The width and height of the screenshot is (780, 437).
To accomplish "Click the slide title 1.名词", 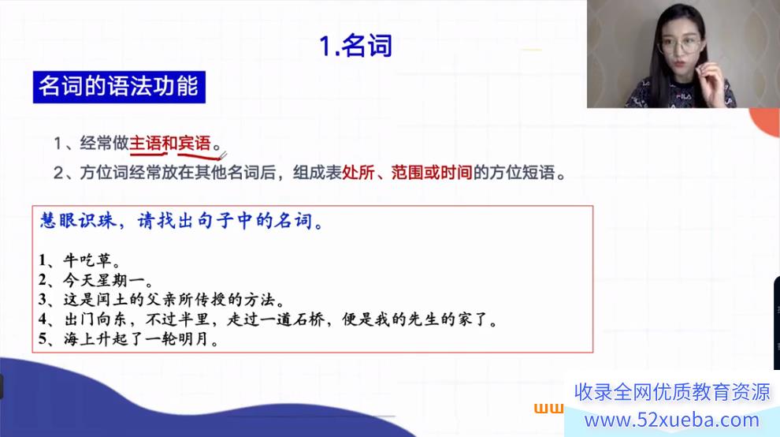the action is click(355, 46).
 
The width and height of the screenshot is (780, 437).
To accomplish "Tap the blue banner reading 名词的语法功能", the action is click(119, 87).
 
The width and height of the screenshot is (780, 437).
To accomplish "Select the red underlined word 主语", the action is click(145, 144).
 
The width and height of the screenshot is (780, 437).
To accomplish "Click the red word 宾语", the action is click(195, 144).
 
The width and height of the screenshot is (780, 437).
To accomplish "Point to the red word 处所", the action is click(358, 173).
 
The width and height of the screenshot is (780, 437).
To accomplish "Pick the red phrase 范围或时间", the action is click(431, 173).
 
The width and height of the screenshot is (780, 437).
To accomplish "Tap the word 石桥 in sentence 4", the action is click(308, 319).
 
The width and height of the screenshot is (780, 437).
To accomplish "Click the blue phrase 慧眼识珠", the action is click(78, 221).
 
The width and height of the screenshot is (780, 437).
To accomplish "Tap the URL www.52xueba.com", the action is click(672, 420).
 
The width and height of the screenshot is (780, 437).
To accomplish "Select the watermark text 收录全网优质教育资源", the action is click(672, 392).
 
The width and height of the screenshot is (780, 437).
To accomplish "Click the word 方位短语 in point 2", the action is click(522, 173).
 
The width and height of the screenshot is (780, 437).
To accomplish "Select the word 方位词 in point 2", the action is click(104, 173).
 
